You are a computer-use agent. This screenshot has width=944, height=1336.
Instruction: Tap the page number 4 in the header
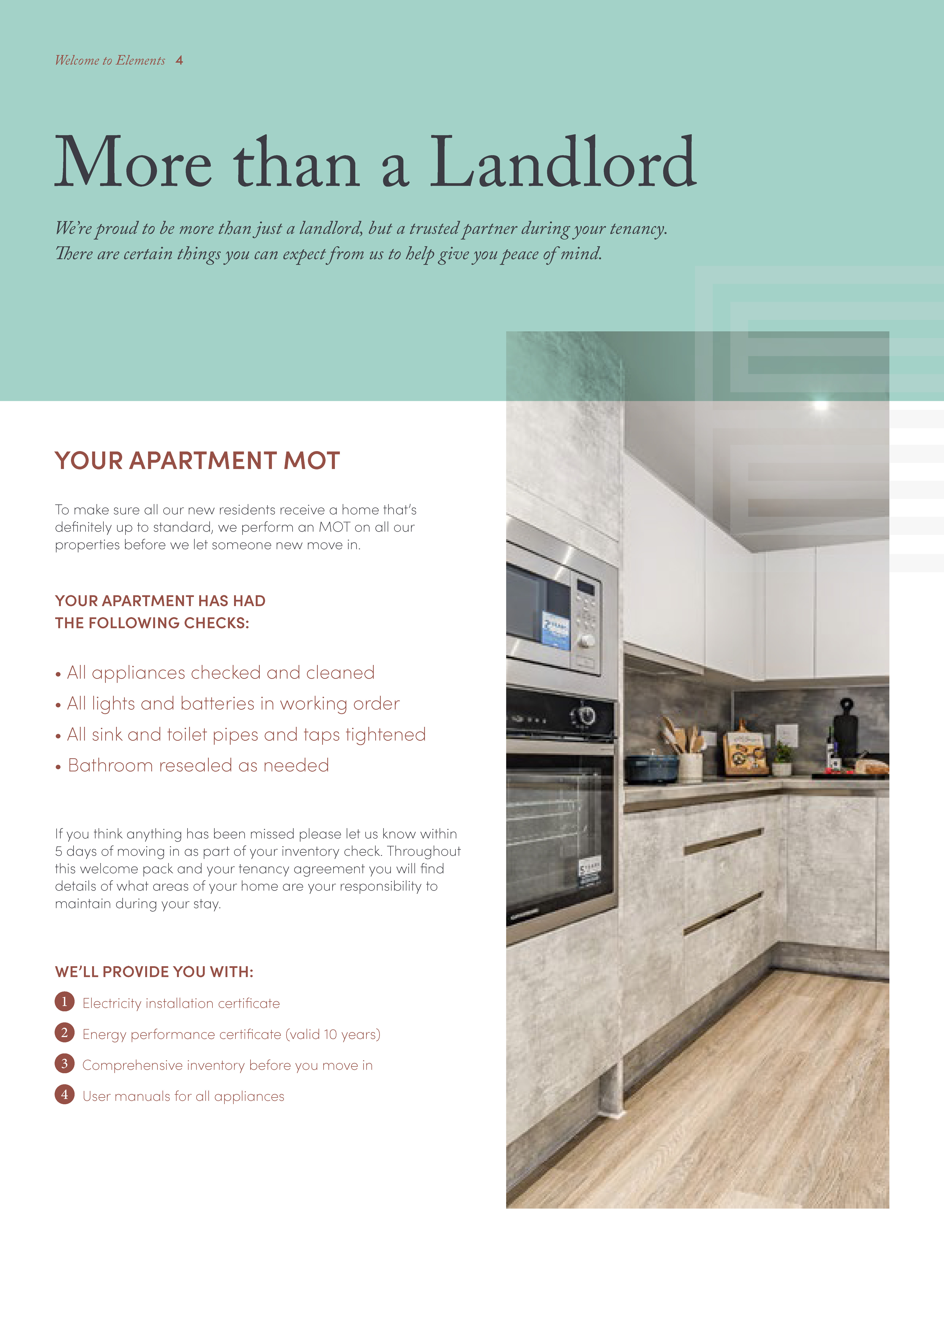pyautogui.click(x=179, y=61)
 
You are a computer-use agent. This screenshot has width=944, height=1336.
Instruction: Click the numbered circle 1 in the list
pyautogui.click(x=65, y=1001)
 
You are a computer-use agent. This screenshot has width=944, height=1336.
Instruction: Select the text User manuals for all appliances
pyautogui.click(x=183, y=1096)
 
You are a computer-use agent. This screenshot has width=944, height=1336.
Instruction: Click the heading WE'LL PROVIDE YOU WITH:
pyautogui.click(x=154, y=972)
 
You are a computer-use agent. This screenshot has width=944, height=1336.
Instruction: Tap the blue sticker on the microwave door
pyautogui.click(x=555, y=630)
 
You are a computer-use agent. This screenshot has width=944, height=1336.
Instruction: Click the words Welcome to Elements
pyautogui.click(x=110, y=61)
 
